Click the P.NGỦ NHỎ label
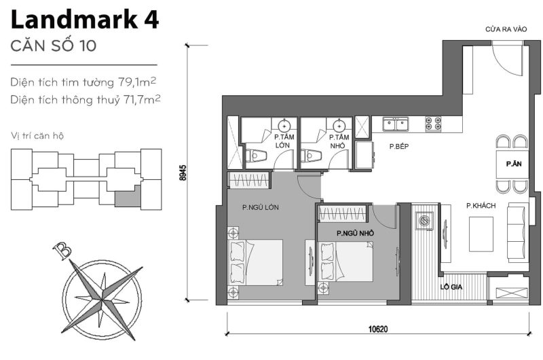[356, 233]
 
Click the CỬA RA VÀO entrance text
[506, 31]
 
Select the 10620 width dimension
[378, 329]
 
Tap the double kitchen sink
[395, 124]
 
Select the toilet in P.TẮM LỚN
[256, 156]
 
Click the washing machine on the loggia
[425, 221]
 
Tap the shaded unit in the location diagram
[126, 199]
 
